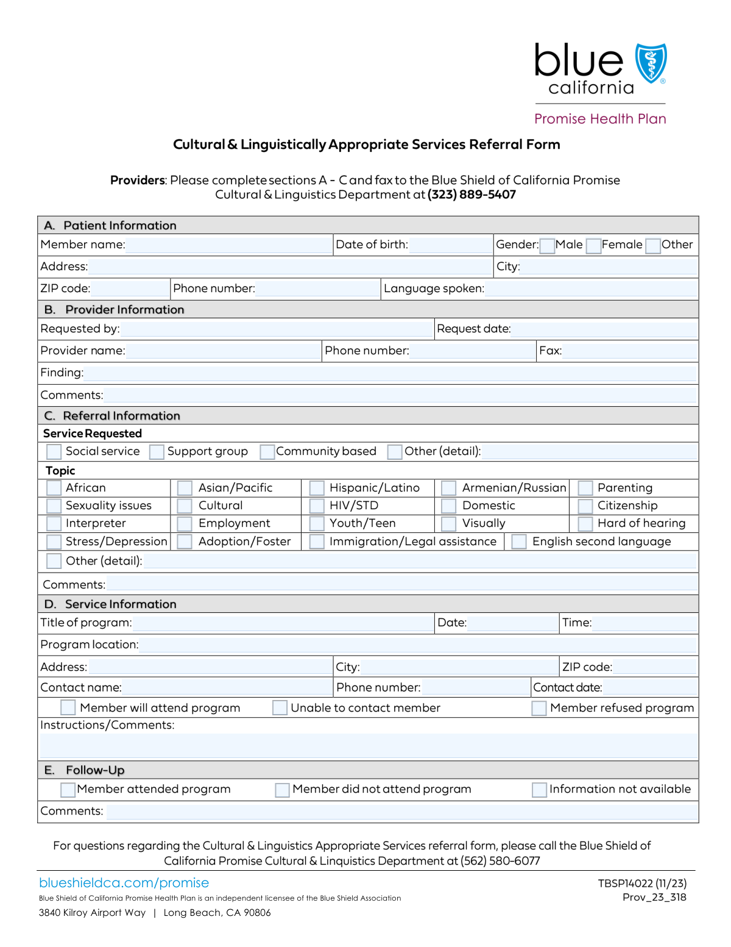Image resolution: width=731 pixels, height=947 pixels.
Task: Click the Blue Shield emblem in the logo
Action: click(651, 63)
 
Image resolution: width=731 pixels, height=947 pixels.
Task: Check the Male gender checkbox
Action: click(547, 246)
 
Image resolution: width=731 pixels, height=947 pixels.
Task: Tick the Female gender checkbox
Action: click(593, 246)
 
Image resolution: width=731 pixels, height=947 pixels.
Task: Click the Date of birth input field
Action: click(450, 245)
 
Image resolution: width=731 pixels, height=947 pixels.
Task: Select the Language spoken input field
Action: click(591, 288)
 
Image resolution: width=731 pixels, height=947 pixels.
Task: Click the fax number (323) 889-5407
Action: click(471, 195)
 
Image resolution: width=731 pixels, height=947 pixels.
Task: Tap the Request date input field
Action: click(604, 329)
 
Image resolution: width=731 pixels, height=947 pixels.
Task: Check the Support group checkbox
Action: click(157, 452)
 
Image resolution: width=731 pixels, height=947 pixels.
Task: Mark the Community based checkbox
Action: click(267, 452)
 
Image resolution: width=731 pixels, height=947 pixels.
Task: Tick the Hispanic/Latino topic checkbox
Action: click(317, 488)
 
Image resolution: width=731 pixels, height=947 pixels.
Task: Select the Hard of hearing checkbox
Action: click(585, 524)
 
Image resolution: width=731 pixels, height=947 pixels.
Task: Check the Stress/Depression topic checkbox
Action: click(54, 541)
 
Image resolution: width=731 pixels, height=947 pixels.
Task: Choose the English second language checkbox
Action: click(519, 541)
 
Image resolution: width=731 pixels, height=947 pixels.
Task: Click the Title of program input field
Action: click(283, 623)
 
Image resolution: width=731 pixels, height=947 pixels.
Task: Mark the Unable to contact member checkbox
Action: click(280, 708)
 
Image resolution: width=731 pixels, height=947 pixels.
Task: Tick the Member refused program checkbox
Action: click(539, 708)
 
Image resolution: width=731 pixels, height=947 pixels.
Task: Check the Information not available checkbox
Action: click(539, 790)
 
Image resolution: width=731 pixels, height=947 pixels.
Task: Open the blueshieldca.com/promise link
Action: click(124, 883)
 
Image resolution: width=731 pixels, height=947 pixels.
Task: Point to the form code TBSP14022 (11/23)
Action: click(642, 884)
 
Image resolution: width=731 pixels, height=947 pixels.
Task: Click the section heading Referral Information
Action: click(121, 416)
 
